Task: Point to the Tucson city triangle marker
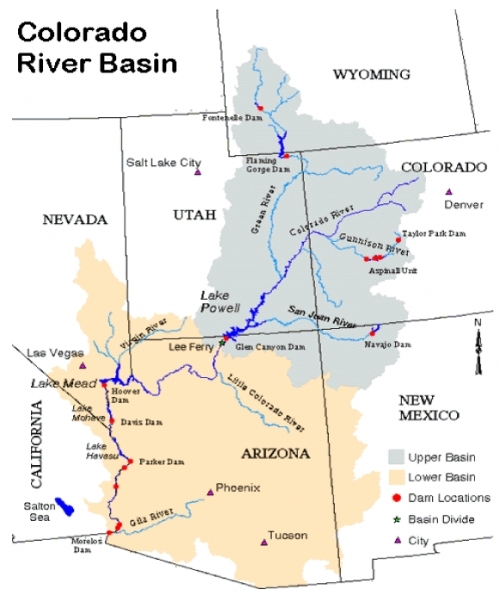pos(264,541)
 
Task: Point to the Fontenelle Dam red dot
pos(259,107)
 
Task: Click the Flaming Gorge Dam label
pos(267,165)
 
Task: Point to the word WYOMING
pos(371,74)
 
